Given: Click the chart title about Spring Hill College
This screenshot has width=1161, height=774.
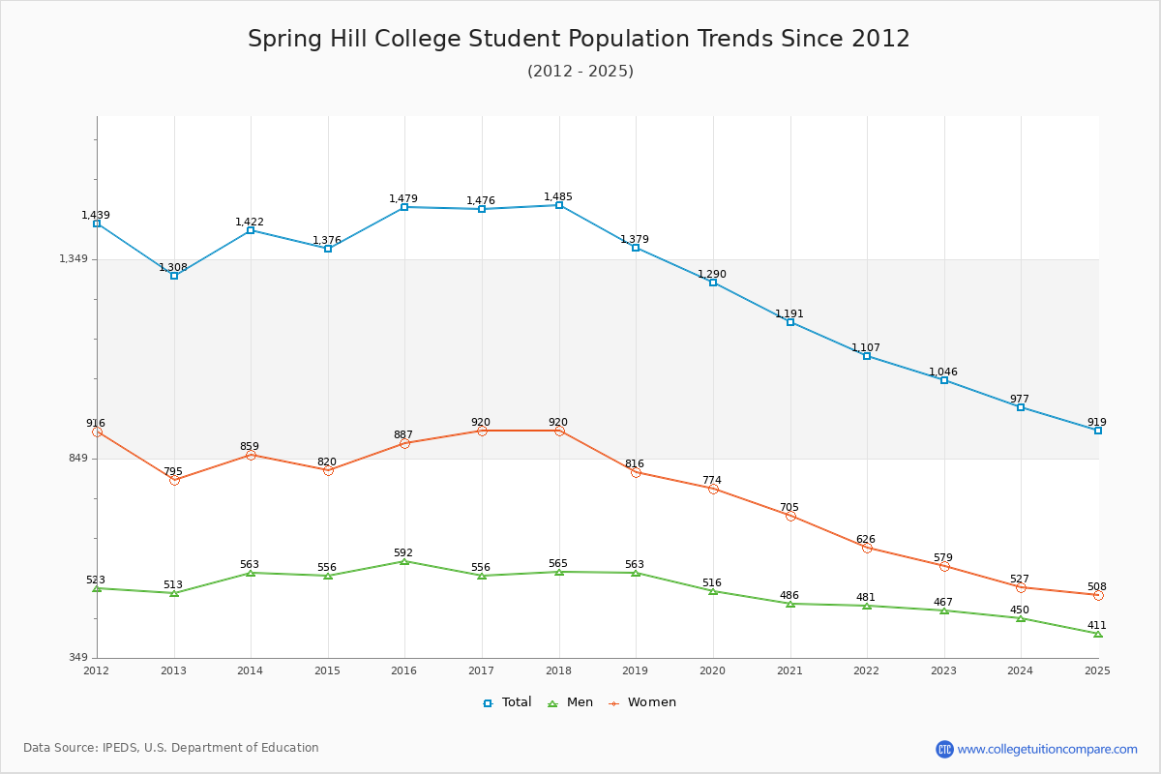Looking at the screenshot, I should (x=579, y=39).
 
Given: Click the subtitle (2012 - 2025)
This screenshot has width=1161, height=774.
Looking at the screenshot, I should (x=580, y=72).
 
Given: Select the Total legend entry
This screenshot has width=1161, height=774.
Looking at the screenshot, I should (x=507, y=702).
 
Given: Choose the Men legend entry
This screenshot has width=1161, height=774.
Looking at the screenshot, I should (x=570, y=702).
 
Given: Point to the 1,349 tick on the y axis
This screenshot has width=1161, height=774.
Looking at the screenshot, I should (x=74, y=258).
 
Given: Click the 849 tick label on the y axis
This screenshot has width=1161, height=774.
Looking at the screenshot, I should (x=77, y=459).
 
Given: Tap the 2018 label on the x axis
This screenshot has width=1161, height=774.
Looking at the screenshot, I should (x=558, y=670).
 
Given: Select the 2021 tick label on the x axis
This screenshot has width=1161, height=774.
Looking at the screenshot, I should (x=789, y=670).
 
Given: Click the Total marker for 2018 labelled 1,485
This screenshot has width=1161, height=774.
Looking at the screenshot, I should (x=559, y=205).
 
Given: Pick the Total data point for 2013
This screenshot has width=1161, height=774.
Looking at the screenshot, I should (x=174, y=276).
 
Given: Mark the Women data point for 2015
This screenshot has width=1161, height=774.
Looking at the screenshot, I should (x=328, y=470).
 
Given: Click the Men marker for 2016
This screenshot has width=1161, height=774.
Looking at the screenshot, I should (x=404, y=561).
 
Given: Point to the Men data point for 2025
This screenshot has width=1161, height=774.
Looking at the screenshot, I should (x=1098, y=634).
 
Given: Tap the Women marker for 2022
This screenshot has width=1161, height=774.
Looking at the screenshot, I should (x=867, y=548).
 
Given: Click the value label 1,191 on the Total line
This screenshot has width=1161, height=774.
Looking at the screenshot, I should (x=789, y=313).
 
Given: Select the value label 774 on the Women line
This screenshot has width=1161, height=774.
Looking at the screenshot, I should (x=712, y=480).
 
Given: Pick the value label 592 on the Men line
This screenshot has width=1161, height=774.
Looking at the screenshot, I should (x=403, y=552).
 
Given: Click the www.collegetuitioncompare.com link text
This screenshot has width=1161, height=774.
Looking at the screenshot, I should (x=1047, y=749).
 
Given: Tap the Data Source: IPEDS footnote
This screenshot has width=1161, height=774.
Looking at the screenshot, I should (x=171, y=748).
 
